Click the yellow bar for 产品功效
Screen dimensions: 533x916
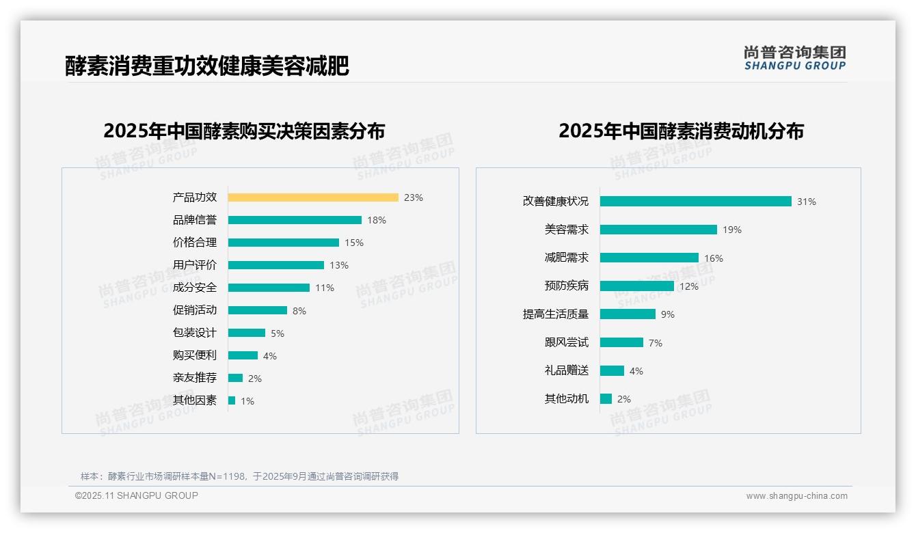(313, 197)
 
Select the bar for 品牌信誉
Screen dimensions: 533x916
(295, 220)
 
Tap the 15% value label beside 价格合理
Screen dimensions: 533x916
(354, 243)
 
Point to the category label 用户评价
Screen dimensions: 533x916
(194, 265)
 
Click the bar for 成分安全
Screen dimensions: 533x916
(269, 288)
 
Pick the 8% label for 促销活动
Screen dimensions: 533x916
(299, 311)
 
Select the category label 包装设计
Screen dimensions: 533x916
(194, 333)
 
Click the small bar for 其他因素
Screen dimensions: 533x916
(232, 400)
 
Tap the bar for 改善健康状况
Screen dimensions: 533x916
(695, 202)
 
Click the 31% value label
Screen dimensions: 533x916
(807, 202)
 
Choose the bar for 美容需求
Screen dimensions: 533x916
(658, 230)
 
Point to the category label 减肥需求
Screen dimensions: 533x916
(566, 258)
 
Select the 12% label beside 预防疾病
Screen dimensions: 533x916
(689, 286)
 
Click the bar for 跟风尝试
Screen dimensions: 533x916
(621, 342)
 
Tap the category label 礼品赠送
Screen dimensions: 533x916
(566, 370)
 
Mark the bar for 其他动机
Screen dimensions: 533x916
(606, 399)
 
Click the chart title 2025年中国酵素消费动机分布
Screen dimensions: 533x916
(681, 131)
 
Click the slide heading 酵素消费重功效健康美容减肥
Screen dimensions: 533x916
(207, 66)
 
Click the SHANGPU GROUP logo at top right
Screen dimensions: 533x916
(794, 58)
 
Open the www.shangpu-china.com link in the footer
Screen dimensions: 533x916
(796, 496)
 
